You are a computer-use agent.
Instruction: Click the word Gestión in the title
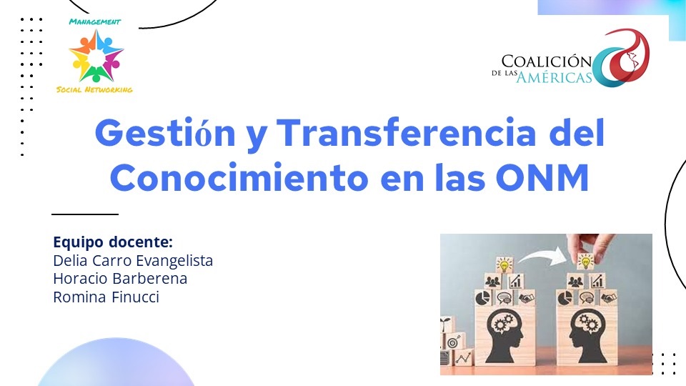[165, 133]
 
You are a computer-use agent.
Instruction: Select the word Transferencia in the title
[407, 132]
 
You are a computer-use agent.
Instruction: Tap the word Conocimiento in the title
[239, 178]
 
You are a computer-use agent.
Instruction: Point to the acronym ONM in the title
[542, 178]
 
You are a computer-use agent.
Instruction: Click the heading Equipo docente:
[113, 242]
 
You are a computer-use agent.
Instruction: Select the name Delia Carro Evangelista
[133, 260]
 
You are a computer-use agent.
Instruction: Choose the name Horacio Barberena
[120, 278]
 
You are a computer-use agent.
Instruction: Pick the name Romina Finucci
[106, 297]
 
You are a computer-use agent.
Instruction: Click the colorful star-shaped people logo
[96, 56]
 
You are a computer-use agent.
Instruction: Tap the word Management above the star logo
[94, 21]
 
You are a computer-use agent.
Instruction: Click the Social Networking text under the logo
[94, 90]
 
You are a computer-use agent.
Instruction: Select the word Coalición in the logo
[547, 61]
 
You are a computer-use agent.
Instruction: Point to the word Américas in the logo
[555, 77]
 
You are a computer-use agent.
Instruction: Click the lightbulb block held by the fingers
[585, 262]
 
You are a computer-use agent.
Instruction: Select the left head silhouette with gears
[504, 335]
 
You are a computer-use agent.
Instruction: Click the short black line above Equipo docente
[85, 214]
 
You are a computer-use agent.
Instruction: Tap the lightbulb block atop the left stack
[504, 264]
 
